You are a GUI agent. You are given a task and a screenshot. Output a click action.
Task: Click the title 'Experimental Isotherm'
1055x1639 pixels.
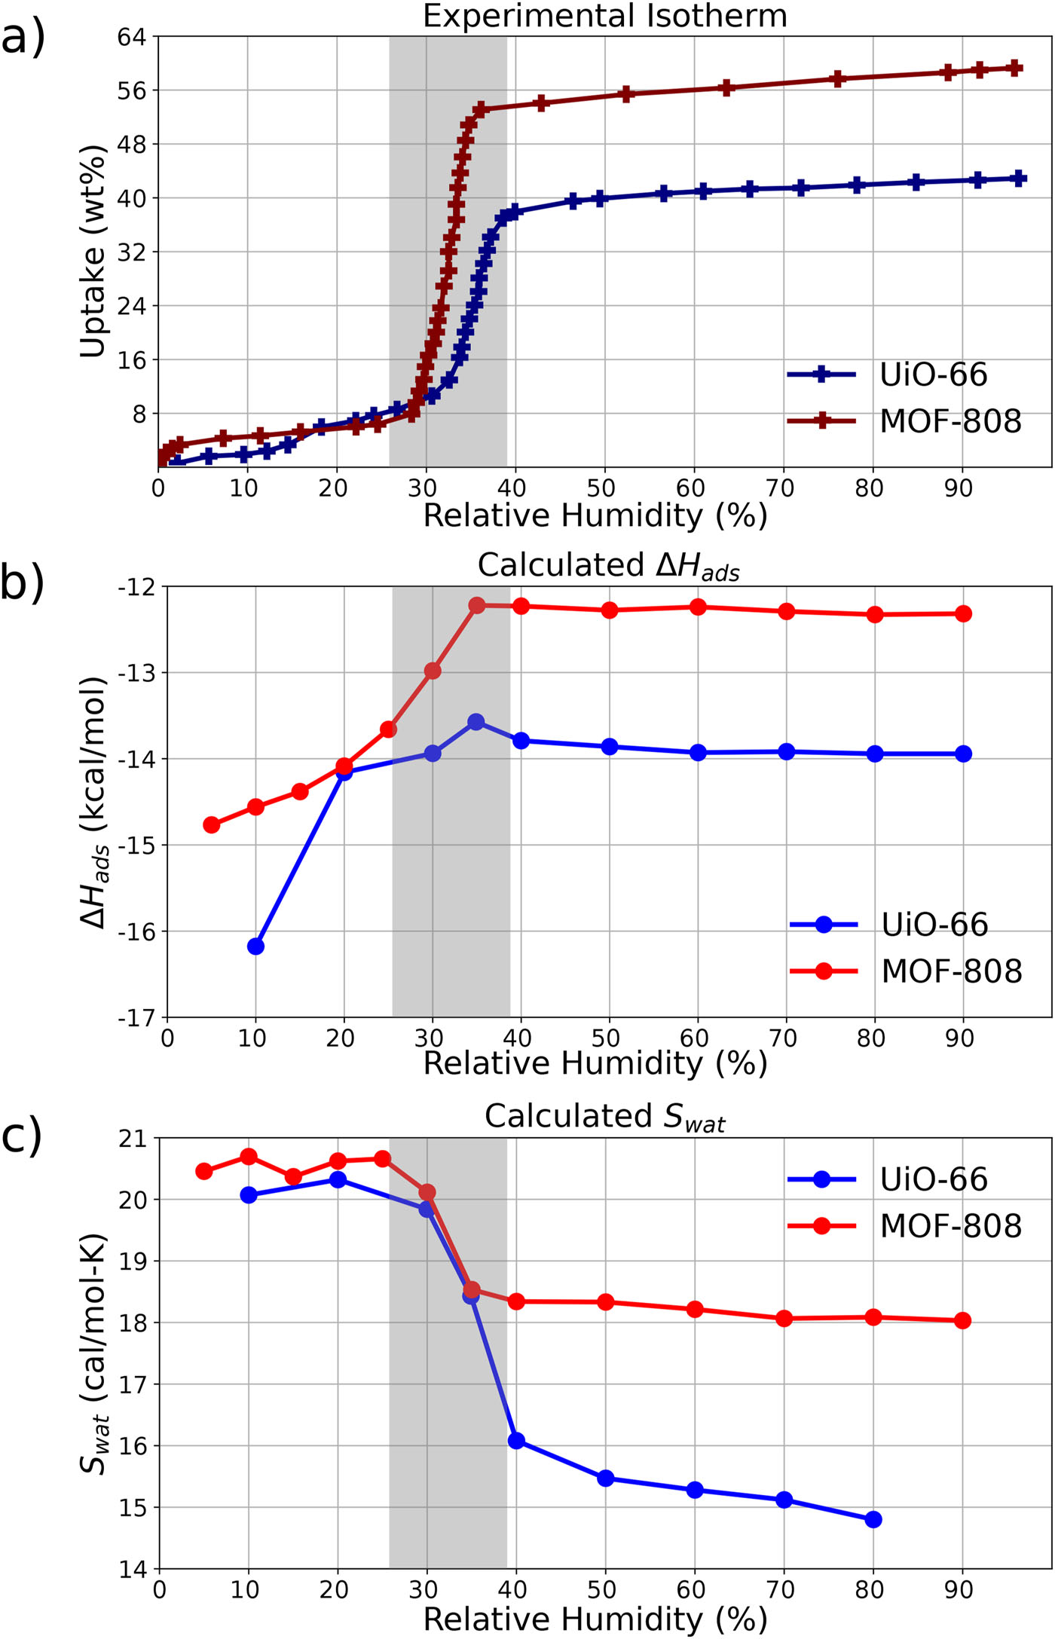coord(604,16)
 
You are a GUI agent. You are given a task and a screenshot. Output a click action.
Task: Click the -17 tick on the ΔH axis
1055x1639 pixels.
coord(135,1018)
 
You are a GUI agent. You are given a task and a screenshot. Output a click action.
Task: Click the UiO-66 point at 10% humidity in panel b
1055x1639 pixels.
coord(256,946)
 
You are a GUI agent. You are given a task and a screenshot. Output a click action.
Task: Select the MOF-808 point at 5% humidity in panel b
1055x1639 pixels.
coord(212,825)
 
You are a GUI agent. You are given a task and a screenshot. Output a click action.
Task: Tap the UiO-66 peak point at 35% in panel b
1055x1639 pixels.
coord(476,722)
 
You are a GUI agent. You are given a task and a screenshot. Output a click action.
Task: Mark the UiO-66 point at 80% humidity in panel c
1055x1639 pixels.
coord(873,1519)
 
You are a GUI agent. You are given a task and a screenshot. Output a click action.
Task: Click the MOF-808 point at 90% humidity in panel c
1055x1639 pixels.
coord(962,1320)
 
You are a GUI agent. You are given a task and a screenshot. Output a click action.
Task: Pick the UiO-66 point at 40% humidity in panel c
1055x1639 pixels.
coord(516,1441)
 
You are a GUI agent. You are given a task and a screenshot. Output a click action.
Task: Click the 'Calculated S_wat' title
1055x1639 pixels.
coord(604,1117)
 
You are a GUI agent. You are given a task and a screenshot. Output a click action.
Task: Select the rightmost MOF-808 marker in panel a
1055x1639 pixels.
coord(1015,68)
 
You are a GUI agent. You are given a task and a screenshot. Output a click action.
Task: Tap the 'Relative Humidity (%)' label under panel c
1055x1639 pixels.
coord(595,1619)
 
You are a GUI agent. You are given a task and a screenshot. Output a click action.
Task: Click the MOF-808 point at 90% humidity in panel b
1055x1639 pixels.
coord(963,613)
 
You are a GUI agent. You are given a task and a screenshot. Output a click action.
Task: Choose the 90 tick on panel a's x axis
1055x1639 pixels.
coord(958,488)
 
